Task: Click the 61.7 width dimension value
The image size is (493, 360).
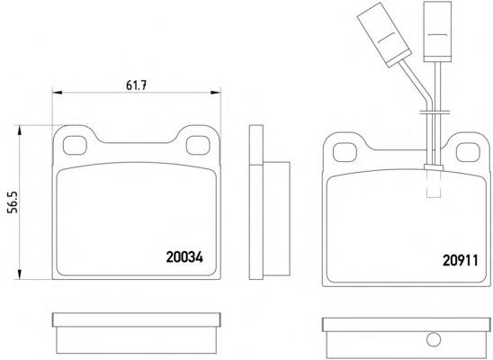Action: point(137,85)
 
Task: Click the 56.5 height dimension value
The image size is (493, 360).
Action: point(13,202)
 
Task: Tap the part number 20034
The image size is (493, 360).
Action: point(184,257)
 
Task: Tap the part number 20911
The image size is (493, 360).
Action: point(461,260)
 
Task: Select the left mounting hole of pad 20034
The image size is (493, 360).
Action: point(75,146)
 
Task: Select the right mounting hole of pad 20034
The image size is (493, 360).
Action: point(198,145)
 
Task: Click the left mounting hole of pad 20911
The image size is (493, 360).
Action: point(345,152)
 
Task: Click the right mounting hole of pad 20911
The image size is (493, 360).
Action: point(468,152)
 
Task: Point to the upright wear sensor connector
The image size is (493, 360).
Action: point(437,31)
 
